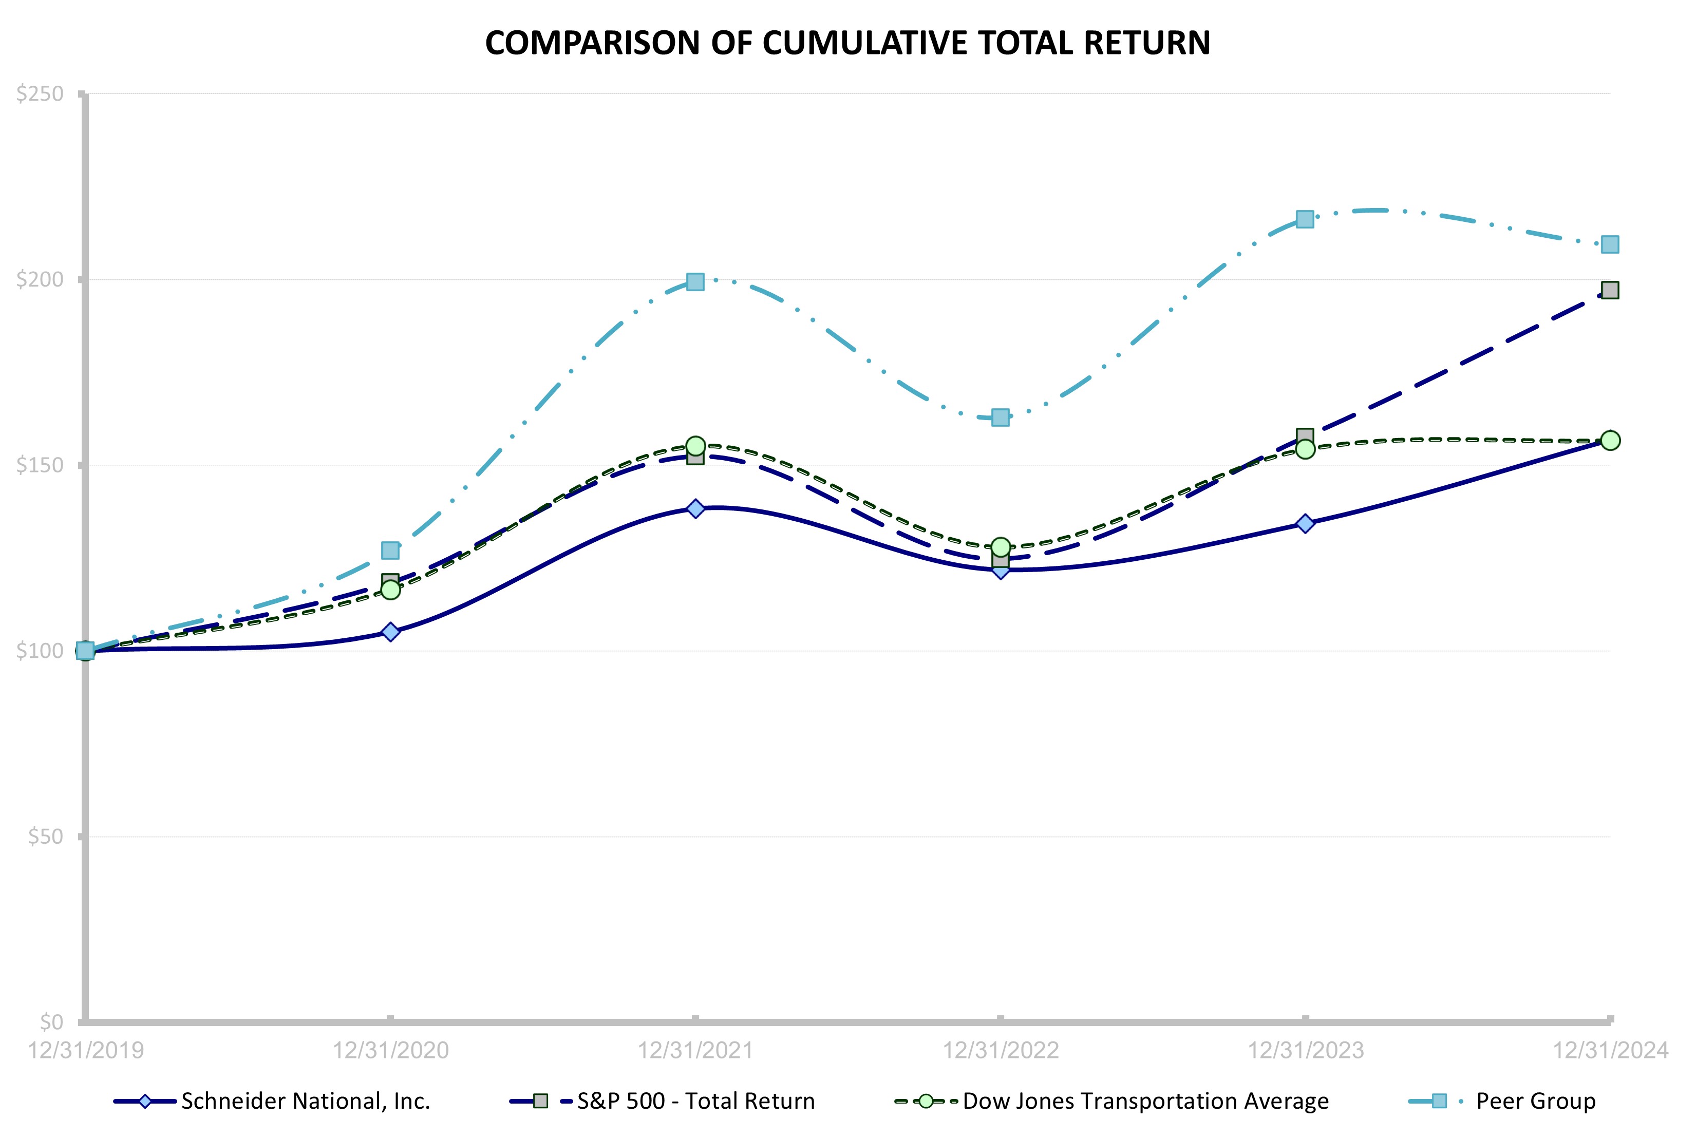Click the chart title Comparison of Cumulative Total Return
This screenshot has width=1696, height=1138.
point(847,43)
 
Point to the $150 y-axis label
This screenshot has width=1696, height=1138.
point(40,465)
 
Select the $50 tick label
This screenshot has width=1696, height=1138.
point(46,837)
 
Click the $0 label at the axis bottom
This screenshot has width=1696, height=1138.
point(51,1022)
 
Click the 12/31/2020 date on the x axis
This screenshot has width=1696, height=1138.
point(390,1050)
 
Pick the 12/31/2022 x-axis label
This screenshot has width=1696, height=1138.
point(1000,1050)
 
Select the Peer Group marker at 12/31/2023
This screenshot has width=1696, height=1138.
point(1305,219)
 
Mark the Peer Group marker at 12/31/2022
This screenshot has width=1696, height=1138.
point(1000,418)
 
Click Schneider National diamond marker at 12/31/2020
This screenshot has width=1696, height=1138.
point(390,632)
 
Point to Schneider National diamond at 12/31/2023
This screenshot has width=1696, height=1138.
point(1305,524)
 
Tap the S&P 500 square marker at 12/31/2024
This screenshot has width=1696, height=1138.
point(1610,290)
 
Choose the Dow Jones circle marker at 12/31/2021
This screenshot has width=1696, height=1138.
point(695,446)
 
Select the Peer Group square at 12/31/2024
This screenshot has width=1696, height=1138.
point(1610,244)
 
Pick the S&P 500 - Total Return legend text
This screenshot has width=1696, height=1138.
point(696,1101)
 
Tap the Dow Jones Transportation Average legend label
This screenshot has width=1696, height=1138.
point(1145,1101)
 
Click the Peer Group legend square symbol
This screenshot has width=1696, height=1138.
point(1438,1101)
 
